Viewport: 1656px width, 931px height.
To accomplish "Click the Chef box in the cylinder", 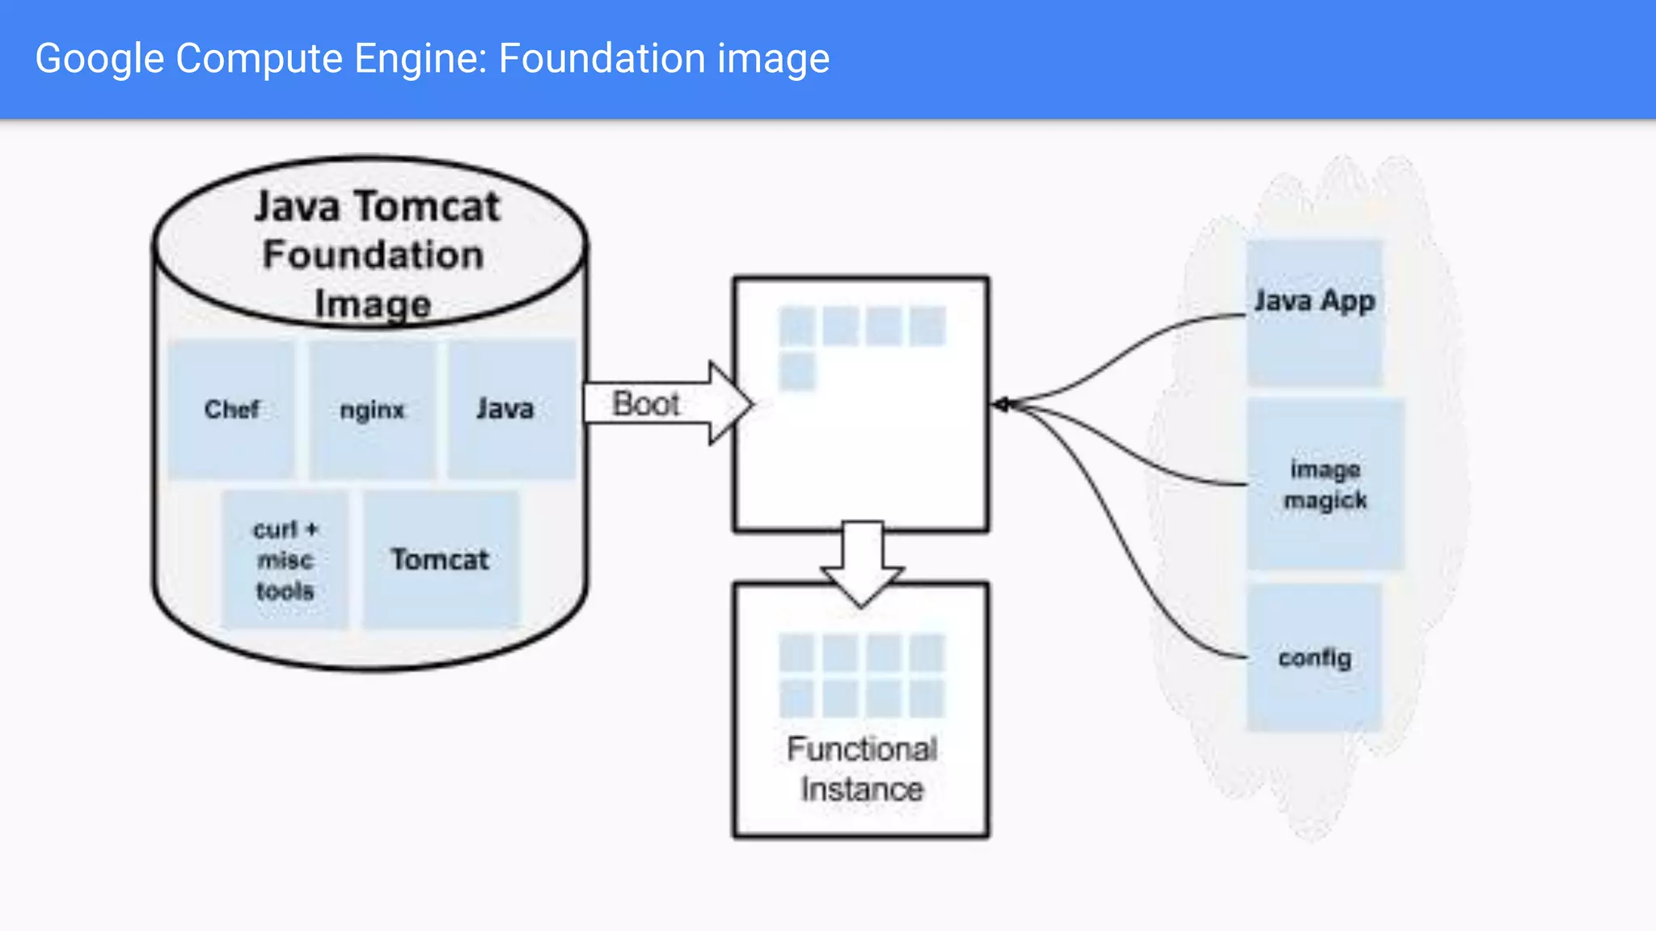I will coord(231,409).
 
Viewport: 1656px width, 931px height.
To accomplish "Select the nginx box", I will coord(372,409).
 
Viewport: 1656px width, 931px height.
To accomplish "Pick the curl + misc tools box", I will coord(285,559).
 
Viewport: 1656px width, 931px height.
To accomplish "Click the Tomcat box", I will coord(441,559).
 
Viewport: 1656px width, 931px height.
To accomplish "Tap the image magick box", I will coord(1324,485).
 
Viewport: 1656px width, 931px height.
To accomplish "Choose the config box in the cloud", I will coord(1314,659).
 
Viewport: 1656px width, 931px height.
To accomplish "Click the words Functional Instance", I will coord(862,769).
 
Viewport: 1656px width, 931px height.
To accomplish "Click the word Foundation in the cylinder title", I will coord(373,255).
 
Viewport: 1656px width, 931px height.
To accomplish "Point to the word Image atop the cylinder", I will coord(373,304).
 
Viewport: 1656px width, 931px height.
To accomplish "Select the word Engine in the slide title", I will coord(420,59).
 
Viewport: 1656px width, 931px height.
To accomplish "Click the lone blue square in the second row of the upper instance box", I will coord(797,372).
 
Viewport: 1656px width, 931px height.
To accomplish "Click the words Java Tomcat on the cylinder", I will coord(377,207).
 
